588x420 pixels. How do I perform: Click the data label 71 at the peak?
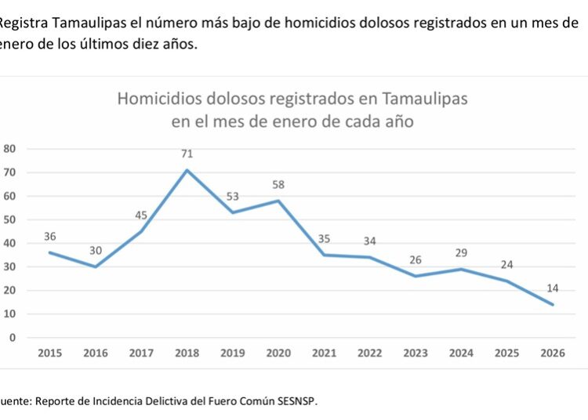click(x=187, y=154)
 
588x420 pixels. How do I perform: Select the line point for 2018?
click(x=187, y=170)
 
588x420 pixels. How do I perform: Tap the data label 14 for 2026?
click(x=553, y=289)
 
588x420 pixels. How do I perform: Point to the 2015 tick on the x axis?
click(x=49, y=353)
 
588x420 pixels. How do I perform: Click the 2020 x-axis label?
click(x=278, y=353)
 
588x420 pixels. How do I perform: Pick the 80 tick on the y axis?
click(x=10, y=149)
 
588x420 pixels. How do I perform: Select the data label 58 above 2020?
click(x=278, y=185)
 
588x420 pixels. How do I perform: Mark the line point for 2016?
click(x=95, y=266)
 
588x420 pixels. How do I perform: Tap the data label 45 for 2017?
click(x=141, y=215)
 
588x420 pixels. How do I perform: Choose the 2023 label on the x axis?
click(x=416, y=353)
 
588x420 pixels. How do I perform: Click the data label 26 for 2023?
click(x=416, y=260)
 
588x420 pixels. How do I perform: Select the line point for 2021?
click(x=324, y=255)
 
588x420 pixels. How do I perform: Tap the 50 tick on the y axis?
click(x=10, y=219)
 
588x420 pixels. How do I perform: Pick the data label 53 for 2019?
click(x=232, y=197)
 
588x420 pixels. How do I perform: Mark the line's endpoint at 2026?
click(x=553, y=305)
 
